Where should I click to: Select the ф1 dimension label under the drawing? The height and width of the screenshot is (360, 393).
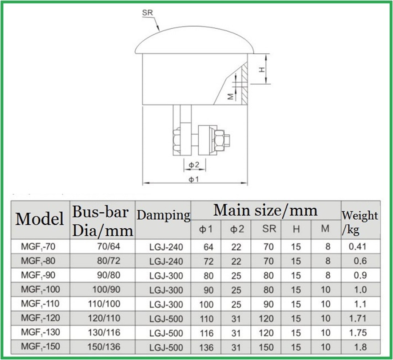[194, 179]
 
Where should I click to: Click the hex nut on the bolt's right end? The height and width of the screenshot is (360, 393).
[221, 139]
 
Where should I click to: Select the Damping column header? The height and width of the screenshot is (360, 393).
[163, 215]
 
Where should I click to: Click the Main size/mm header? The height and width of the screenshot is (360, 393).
[265, 210]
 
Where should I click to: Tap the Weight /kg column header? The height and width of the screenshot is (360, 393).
[360, 222]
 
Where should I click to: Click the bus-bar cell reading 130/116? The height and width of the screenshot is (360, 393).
[104, 332]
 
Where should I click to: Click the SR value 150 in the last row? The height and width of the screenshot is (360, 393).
[268, 347]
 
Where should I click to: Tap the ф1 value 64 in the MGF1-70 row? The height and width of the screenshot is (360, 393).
[209, 247]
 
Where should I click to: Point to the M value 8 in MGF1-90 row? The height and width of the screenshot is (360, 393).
[327, 275]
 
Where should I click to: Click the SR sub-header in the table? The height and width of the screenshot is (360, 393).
[269, 229]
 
